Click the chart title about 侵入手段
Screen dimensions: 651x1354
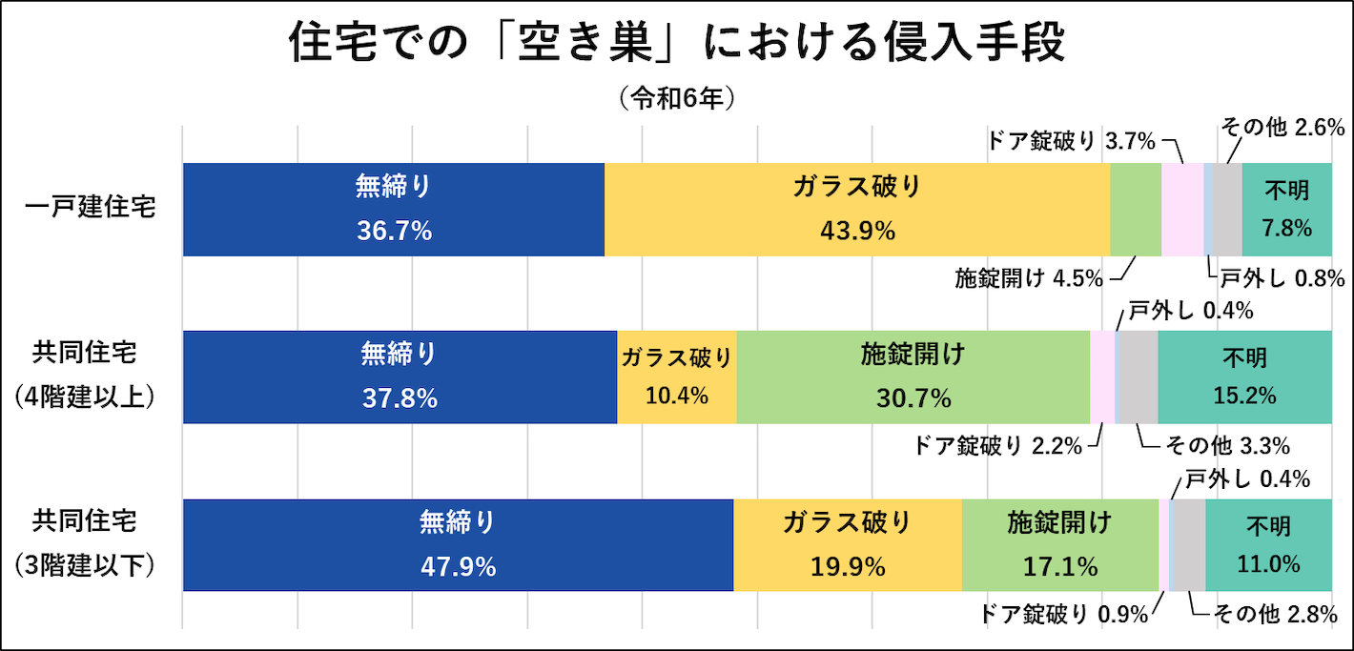pos(676,44)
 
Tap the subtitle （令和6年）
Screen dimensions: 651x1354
pos(676,98)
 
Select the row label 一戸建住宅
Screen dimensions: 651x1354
pos(91,209)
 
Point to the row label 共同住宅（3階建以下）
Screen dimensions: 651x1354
pos(86,543)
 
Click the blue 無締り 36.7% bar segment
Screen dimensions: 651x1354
pos(394,210)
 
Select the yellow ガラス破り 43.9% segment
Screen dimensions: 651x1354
pos(857,210)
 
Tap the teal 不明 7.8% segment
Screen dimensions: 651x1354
pos(1286,210)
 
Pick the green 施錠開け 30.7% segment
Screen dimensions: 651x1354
pos(913,377)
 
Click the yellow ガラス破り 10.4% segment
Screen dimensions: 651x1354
pos(677,377)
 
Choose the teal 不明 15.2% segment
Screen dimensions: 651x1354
pos(1244,377)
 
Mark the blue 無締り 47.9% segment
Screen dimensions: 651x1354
pos(458,545)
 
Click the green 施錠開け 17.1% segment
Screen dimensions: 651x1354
pos(1059,545)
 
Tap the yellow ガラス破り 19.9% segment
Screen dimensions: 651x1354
pos(848,545)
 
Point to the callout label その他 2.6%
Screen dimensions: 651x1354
pos(1282,127)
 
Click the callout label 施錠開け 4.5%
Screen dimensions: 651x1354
pos(1029,278)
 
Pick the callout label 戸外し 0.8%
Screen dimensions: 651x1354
pos(1282,278)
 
